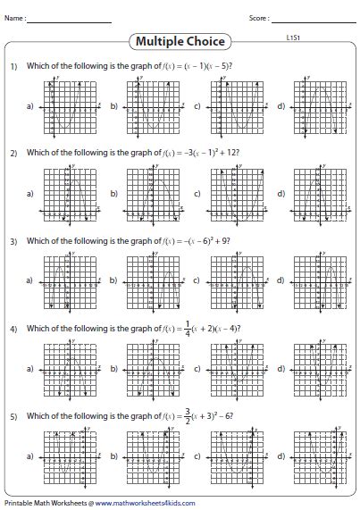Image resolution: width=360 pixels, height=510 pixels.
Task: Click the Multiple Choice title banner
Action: coord(180,41)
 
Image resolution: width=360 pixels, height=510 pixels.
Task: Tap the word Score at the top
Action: coord(259,18)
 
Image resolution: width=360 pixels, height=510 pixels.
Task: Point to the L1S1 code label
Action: coord(292,38)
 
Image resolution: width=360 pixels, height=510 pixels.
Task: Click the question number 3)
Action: coord(14,241)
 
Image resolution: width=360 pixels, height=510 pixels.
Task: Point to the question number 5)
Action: coord(14,416)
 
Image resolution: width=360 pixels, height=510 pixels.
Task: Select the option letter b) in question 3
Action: coord(113,280)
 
